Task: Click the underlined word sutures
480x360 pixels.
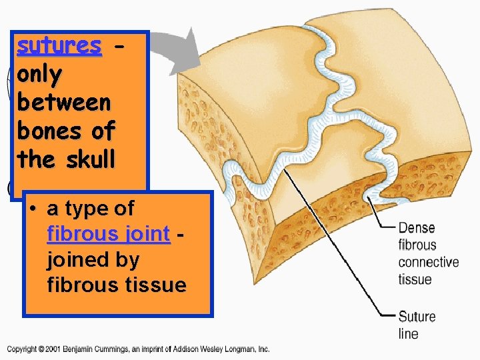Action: click(x=59, y=45)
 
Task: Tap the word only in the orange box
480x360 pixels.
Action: click(x=39, y=74)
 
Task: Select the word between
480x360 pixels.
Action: click(x=64, y=103)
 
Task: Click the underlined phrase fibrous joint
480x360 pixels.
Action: click(x=109, y=234)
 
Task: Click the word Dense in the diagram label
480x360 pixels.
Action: click(x=417, y=228)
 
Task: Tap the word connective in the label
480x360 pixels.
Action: click(x=429, y=262)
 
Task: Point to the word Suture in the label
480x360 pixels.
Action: click(x=417, y=316)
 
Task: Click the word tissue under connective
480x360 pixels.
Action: click(x=414, y=279)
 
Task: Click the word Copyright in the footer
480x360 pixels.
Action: click(x=23, y=349)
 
